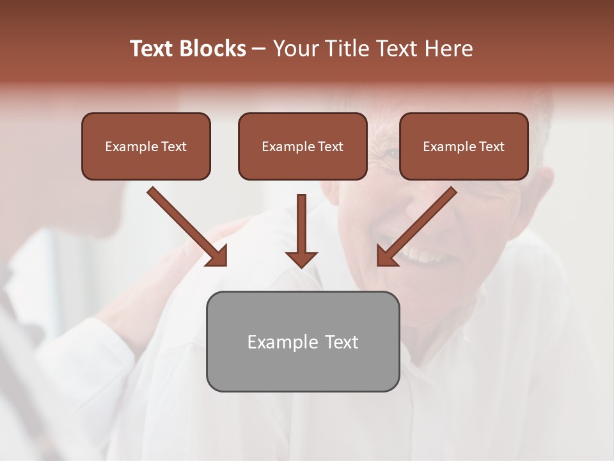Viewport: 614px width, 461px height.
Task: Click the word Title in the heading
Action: click(343, 49)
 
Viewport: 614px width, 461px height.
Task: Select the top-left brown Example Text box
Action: click(146, 147)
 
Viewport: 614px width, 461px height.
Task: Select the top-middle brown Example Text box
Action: click(303, 147)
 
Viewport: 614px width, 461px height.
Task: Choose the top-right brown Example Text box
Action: click(464, 147)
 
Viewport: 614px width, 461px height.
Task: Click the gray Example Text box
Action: click(303, 341)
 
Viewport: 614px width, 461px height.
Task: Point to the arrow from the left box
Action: click(185, 225)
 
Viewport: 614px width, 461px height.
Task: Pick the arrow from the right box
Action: click(419, 225)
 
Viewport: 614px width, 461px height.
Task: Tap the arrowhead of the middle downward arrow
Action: click(301, 258)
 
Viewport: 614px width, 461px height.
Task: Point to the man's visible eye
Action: click(390, 153)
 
